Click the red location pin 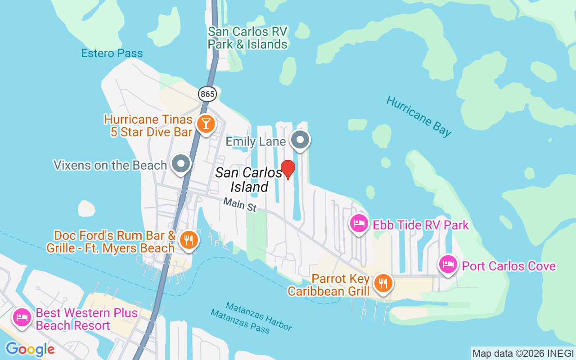(x=288, y=169)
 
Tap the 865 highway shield (x=207, y=94)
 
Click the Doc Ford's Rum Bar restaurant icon (x=188, y=240)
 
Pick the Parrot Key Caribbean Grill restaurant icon (x=383, y=283)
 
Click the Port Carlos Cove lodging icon (x=448, y=265)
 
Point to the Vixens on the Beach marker (x=181, y=164)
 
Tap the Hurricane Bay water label (x=418, y=116)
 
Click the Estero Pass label (x=112, y=53)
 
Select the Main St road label (x=240, y=205)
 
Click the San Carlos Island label (x=249, y=179)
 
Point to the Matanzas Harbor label (x=258, y=315)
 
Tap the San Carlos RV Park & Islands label (x=247, y=38)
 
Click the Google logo (x=30, y=349)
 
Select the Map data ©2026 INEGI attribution (x=523, y=353)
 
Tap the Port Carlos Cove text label (x=508, y=266)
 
